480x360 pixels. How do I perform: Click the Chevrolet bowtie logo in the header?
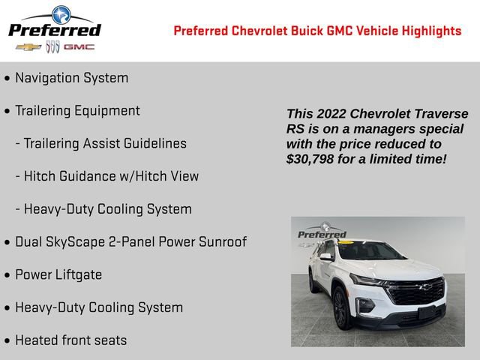(x=28, y=47)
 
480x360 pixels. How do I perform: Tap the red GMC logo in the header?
(x=79, y=47)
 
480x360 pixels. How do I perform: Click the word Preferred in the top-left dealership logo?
(x=54, y=30)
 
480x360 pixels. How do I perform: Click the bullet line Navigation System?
(x=71, y=78)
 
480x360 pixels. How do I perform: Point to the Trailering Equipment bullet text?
(x=77, y=111)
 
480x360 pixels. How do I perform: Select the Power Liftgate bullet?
(x=58, y=275)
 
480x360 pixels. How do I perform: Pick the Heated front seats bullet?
(x=70, y=340)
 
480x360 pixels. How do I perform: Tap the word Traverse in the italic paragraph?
(x=441, y=114)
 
